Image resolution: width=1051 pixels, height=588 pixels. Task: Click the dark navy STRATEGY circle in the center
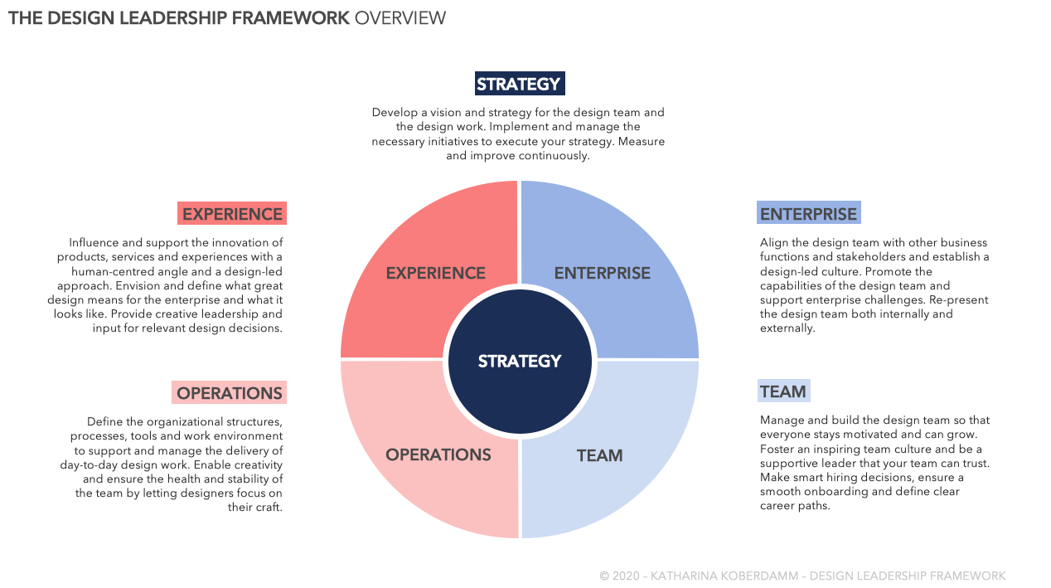click(520, 361)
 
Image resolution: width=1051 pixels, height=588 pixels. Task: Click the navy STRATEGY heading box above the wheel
click(520, 84)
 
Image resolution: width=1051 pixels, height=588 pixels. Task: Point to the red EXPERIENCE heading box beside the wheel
click(232, 214)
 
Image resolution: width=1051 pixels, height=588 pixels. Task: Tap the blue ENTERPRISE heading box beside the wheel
click(808, 214)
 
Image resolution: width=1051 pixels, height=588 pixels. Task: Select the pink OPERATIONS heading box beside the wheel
click(230, 393)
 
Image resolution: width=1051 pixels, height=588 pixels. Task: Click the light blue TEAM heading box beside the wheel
click(783, 391)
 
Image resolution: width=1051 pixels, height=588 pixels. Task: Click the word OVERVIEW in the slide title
click(400, 18)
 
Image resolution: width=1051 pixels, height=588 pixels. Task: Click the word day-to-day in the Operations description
click(90, 465)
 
